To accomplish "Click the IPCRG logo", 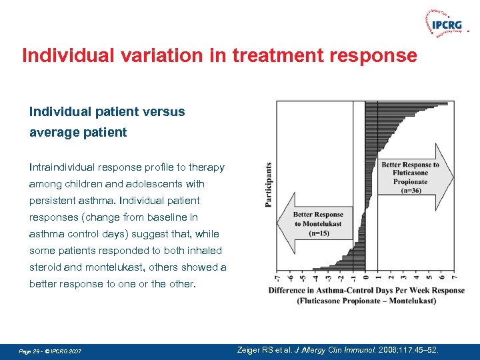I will pyautogui.click(x=445, y=25).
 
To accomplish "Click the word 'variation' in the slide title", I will pyautogui.click(x=147, y=55).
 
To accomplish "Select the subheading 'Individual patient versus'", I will pyautogui.click(x=107, y=111).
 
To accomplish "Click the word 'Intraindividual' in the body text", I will pyautogui.click(x=70, y=167).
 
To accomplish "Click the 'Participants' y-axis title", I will pyautogui.click(x=268, y=185).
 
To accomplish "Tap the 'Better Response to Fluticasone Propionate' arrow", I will pyautogui.click(x=413, y=177).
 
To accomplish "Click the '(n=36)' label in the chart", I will pyautogui.click(x=410, y=190).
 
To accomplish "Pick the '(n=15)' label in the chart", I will pyautogui.click(x=318, y=233).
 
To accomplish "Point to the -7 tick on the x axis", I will pyautogui.click(x=277, y=277).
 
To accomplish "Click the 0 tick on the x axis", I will pyautogui.click(x=365, y=277).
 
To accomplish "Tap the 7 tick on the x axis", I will pyautogui.click(x=453, y=277).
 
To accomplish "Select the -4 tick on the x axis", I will pyautogui.click(x=315, y=277).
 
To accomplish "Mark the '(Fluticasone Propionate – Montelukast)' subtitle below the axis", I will pyautogui.click(x=367, y=301).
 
